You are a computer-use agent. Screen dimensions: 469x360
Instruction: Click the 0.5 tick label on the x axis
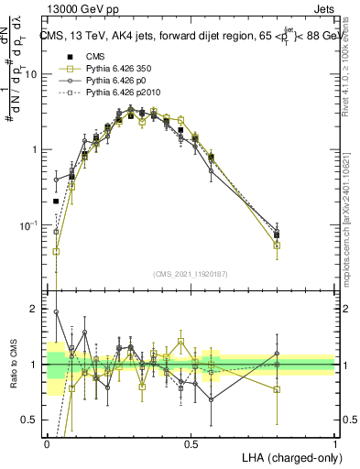point(191,442)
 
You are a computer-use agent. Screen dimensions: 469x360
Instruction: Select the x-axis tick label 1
point(334,442)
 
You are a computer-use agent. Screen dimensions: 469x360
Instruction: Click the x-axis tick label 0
point(47,442)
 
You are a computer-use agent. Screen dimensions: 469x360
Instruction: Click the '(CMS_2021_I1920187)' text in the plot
point(191,274)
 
